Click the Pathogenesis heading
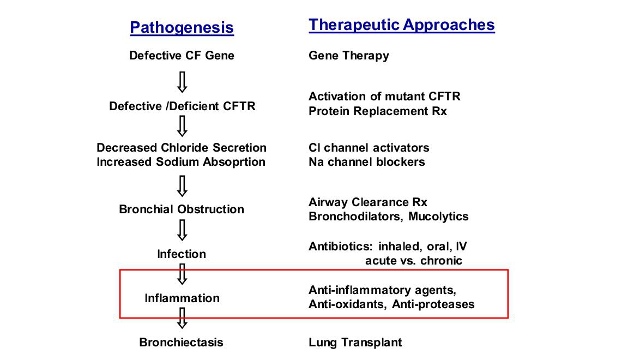coord(182,27)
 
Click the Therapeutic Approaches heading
coord(402,25)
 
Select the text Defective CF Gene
coord(182,55)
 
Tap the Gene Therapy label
coord(348,56)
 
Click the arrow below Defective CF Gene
coord(182,82)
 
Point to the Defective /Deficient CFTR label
coord(182,106)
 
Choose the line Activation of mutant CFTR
coord(384,97)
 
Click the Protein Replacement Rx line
coord(378,111)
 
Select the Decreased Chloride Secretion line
coord(181,147)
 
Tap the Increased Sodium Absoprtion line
coord(181,162)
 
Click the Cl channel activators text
coord(369,147)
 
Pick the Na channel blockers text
coord(366,162)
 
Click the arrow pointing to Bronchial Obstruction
coord(182,187)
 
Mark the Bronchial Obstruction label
coord(181,209)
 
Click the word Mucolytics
coord(438,217)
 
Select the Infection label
coord(182,254)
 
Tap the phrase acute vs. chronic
coord(413,261)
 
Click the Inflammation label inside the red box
coord(182,298)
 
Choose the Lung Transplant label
coord(355,343)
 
